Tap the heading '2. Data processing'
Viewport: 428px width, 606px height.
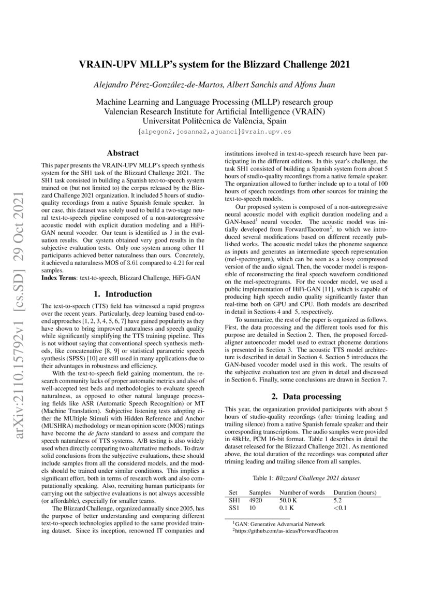(306, 397)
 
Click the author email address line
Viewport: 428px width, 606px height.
(214, 132)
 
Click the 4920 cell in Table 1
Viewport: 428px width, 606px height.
(256, 500)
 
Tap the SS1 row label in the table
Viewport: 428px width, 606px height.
(234, 509)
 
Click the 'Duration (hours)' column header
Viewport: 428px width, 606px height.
(355, 492)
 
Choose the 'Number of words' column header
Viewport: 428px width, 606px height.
(302, 492)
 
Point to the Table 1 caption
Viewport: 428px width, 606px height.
(305, 477)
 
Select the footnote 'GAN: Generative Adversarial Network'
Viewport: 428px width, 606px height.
(279, 525)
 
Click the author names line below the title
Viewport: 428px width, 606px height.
(214, 84)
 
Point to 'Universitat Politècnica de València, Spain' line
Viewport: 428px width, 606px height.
(214, 121)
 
